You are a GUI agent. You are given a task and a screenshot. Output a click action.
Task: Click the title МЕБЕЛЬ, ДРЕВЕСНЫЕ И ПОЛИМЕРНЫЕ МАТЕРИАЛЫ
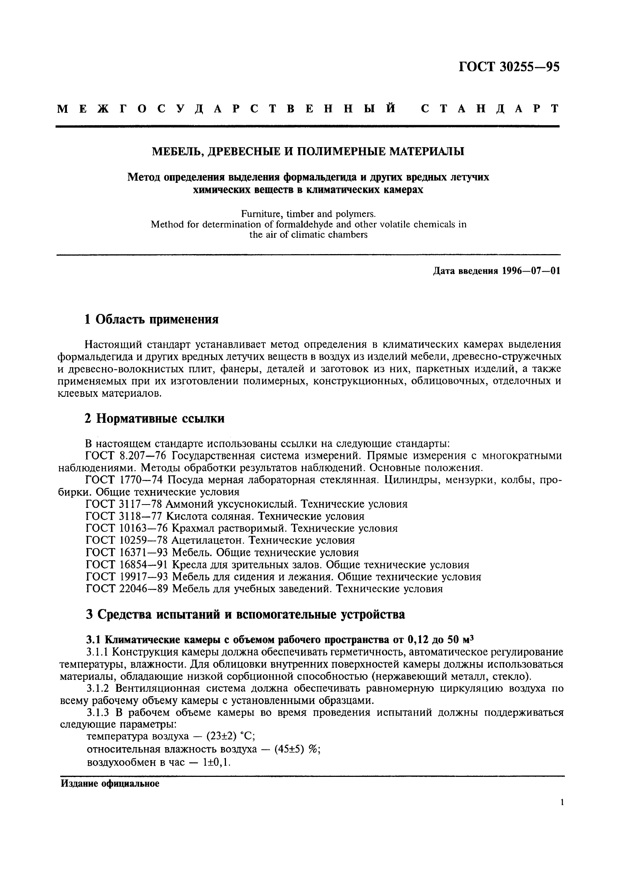(308, 152)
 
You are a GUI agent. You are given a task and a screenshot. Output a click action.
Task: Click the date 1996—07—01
(531, 271)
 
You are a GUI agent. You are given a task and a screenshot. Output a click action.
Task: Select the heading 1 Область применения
(151, 319)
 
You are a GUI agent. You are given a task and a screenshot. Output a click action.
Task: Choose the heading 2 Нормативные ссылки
(155, 419)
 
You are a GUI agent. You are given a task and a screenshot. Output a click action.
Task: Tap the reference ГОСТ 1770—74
(125, 480)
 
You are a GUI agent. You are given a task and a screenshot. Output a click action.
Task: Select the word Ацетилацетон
(208, 541)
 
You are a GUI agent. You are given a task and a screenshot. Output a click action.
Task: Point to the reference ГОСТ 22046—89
(127, 589)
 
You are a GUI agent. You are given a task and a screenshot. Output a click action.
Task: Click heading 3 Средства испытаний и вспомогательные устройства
(245, 615)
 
